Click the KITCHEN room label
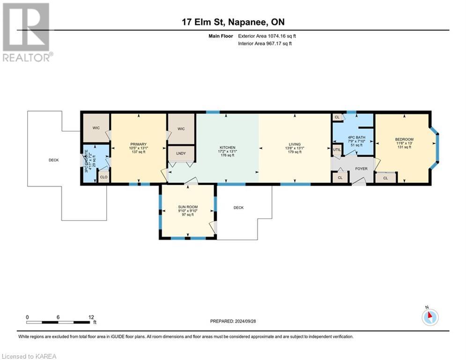[x=228, y=147]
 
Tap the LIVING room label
[x=295, y=144]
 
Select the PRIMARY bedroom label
[x=139, y=144]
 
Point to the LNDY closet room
[x=181, y=153]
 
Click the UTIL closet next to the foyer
[x=337, y=150]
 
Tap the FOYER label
[x=361, y=168]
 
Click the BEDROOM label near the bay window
[x=404, y=139]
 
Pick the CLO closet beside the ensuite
[x=104, y=177]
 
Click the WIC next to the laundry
[x=181, y=127]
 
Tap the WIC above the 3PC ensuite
[x=96, y=127]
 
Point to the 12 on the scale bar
[x=91, y=317]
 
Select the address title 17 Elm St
[x=233, y=22]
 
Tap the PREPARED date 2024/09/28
[x=233, y=321]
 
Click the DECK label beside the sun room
[x=238, y=208]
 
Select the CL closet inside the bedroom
[x=385, y=178]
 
